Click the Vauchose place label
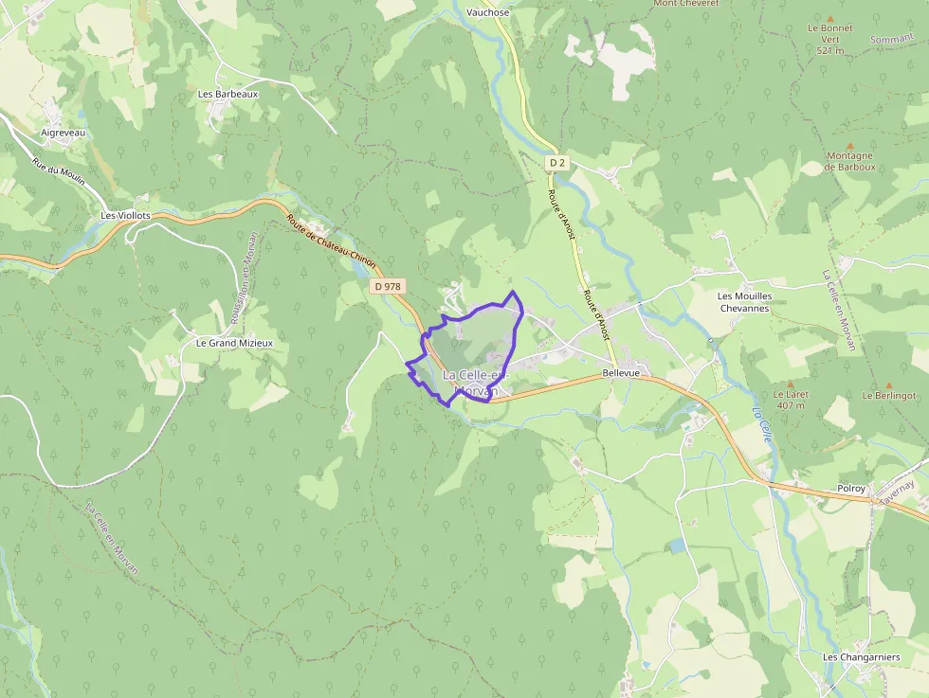click(488, 12)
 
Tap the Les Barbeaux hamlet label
click(228, 95)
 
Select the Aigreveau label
click(64, 134)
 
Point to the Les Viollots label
click(125, 216)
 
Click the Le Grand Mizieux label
click(233, 343)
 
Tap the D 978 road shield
click(388, 286)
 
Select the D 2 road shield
click(557, 163)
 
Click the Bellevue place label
click(621, 374)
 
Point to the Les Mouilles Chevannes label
click(745, 302)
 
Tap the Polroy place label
click(851, 489)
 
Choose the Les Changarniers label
click(861, 657)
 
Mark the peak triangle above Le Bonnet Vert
click(830, 18)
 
